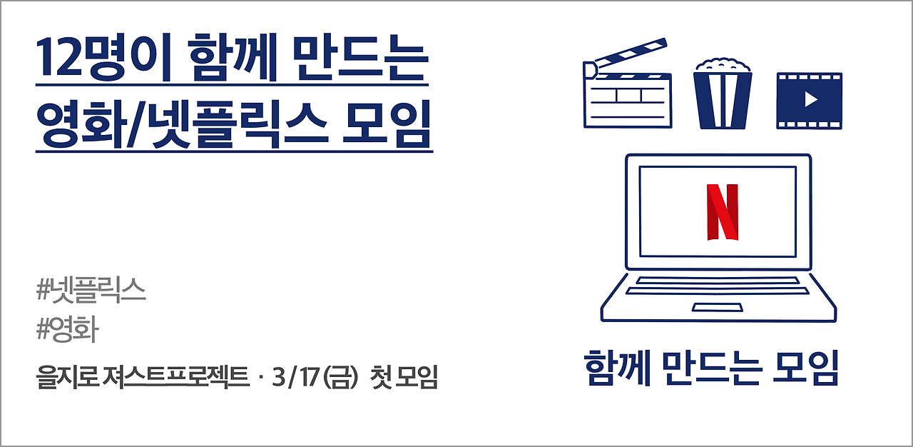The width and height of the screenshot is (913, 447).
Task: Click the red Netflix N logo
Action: (722, 212)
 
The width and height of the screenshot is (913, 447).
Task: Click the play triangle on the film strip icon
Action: (810, 100)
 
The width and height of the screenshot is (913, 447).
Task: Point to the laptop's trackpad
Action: (718, 307)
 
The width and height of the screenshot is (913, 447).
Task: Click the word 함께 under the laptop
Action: (613, 368)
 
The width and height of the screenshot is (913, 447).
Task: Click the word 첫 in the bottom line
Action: (381, 376)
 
